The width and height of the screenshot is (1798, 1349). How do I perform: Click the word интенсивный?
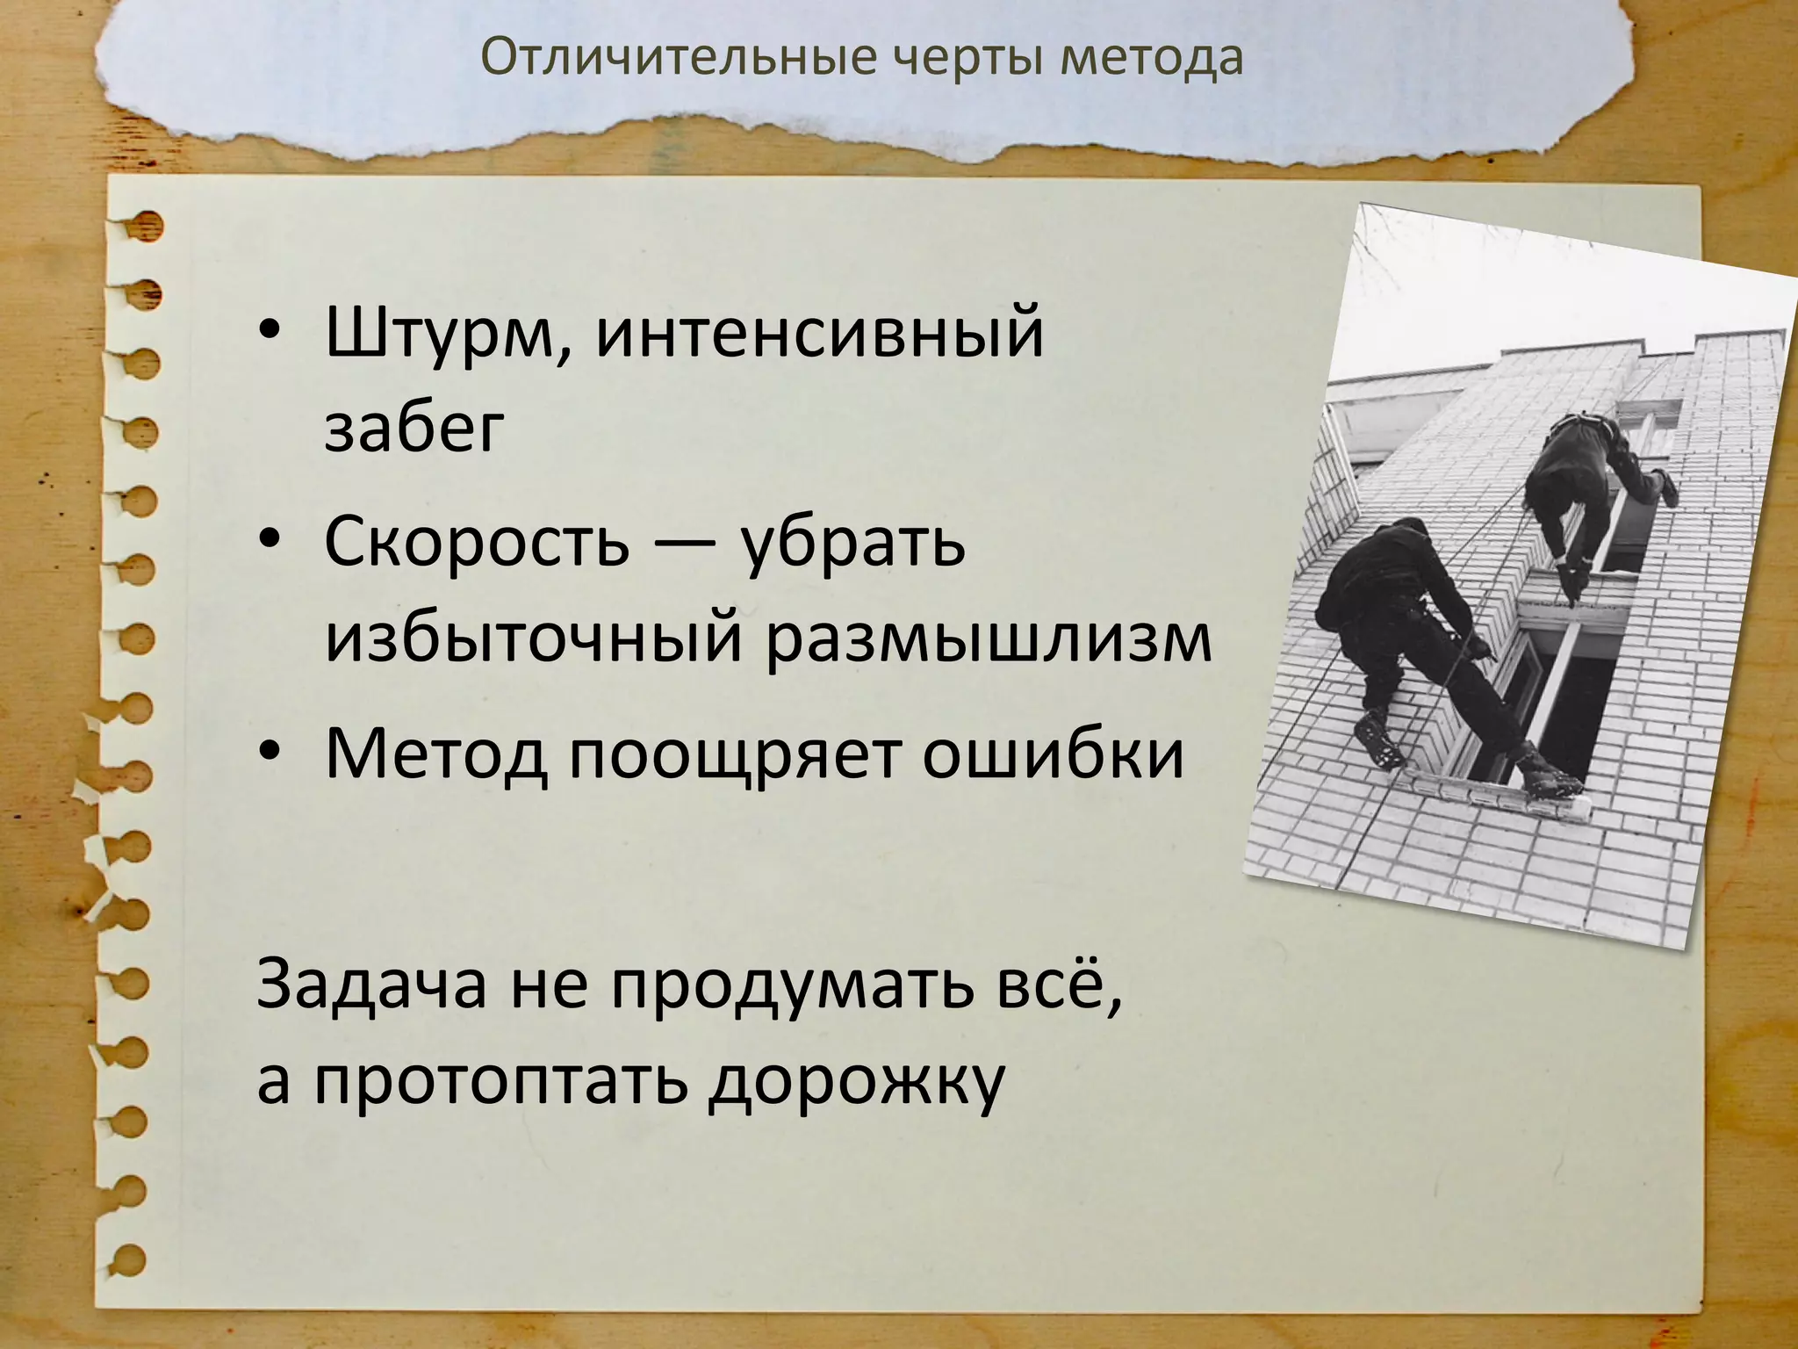click(x=821, y=335)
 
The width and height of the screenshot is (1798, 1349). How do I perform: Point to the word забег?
click(x=415, y=429)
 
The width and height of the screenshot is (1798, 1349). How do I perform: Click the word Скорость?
click(x=477, y=542)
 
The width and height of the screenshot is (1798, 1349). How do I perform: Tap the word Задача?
click(x=371, y=985)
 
